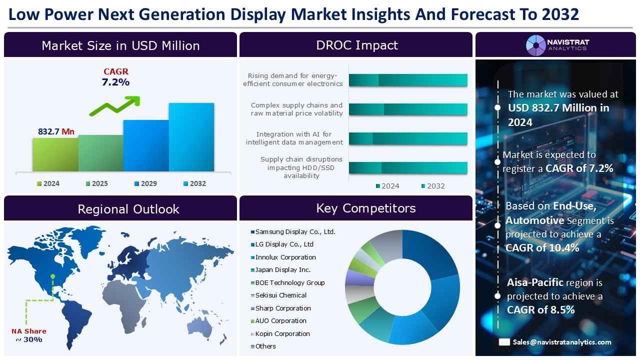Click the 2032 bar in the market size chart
point(191,137)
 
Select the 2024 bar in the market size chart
point(55,154)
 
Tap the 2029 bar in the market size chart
point(145,145)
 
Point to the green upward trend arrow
point(115,105)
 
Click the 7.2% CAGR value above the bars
point(115,82)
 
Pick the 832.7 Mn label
point(56,131)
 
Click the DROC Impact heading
point(356,45)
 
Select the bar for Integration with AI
point(407,138)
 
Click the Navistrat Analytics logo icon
point(535,45)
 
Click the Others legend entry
point(265,346)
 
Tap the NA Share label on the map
point(28,331)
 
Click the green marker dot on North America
point(52,276)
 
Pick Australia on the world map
point(206,326)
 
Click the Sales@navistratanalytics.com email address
point(561,342)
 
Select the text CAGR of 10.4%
point(535,248)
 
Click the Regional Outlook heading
point(128,209)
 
